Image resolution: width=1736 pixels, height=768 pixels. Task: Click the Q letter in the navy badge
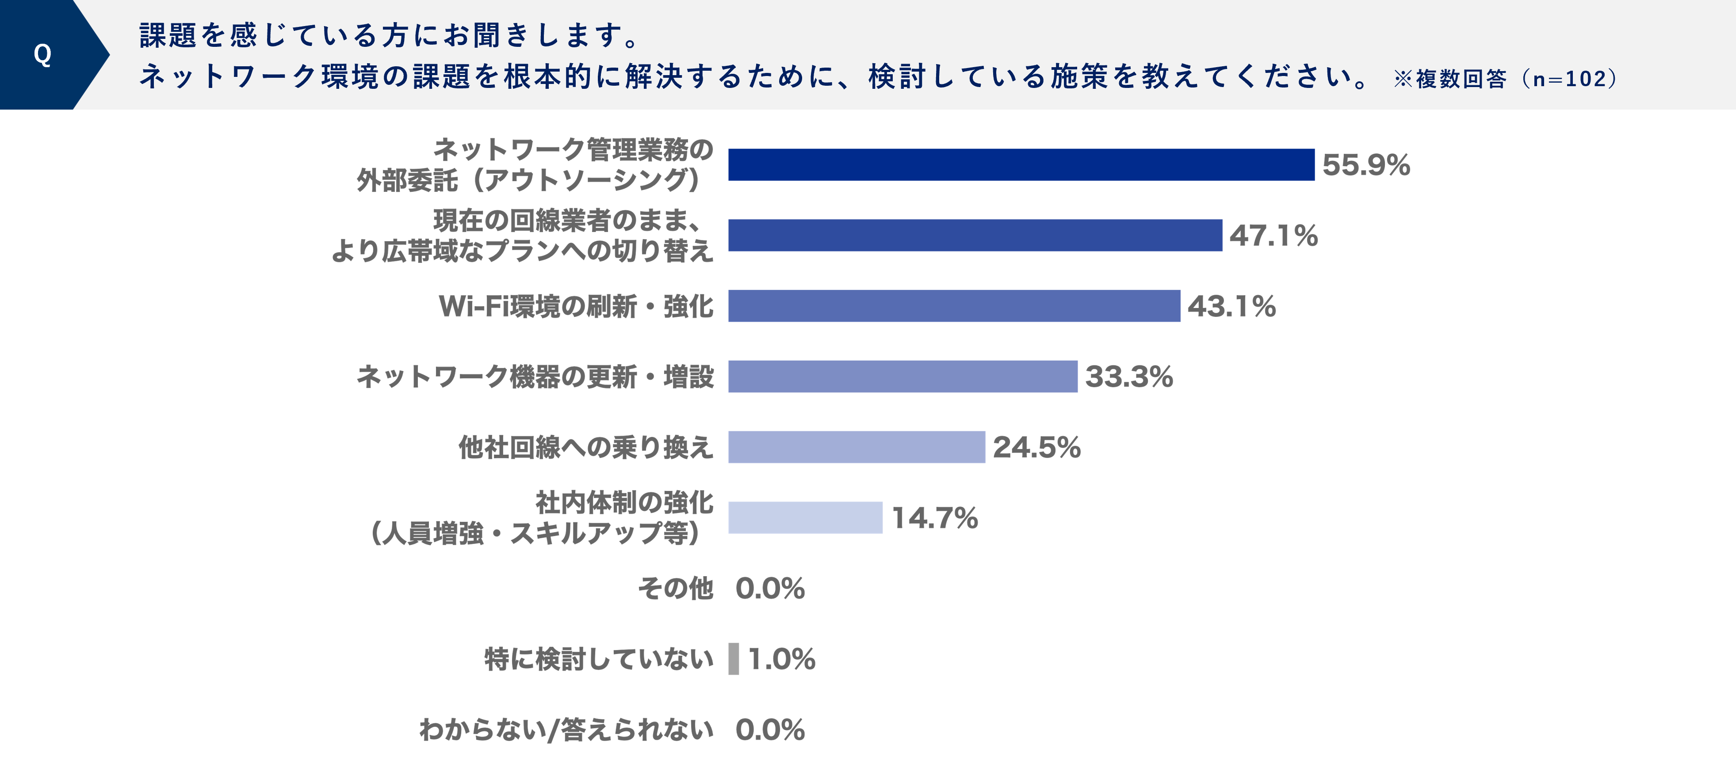click(42, 54)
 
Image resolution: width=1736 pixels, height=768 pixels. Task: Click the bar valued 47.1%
click(975, 235)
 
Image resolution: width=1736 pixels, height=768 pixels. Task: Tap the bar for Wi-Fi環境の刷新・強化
click(954, 306)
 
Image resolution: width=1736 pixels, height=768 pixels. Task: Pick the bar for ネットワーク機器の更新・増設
click(902, 376)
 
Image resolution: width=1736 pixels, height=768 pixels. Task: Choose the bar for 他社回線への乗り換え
click(856, 447)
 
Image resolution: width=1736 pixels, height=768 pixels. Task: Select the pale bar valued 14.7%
click(805, 517)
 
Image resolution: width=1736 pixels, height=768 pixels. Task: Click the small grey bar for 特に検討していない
click(733, 659)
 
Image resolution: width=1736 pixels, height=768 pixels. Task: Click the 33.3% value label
click(1129, 376)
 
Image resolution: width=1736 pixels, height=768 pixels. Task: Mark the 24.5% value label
click(1036, 447)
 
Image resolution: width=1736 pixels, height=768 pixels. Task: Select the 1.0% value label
click(782, 659)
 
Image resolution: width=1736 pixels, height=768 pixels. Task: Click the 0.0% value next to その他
click(769, 589)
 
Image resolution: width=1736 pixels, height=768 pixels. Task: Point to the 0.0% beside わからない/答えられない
click(769, 730)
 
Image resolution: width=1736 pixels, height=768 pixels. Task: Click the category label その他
click(675, 589)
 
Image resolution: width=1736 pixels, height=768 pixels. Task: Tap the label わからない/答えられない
click(566, 730)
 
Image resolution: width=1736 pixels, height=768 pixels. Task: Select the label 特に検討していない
click(598, 659)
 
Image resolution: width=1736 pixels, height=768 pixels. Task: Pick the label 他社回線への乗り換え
click(585, 447)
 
